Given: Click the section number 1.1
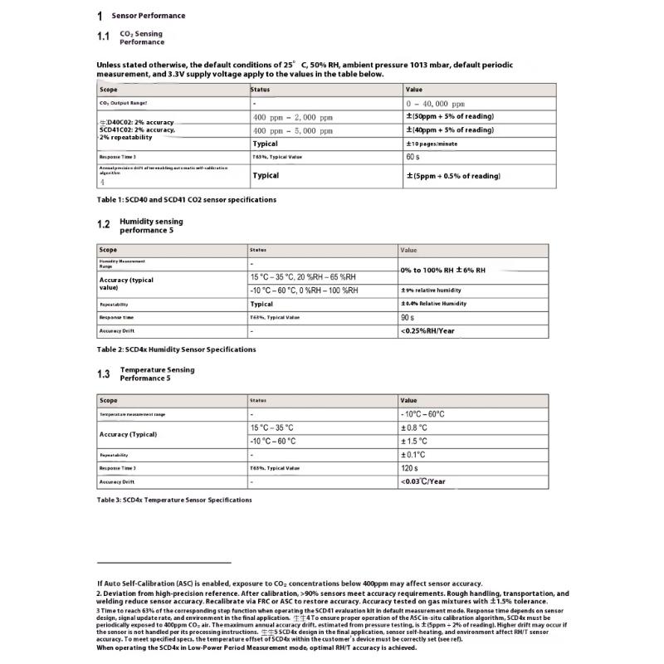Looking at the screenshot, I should pyautogui.click(x=103, y=37).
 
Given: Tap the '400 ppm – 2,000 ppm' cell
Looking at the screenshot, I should pyautogui.click(x=292, y=117).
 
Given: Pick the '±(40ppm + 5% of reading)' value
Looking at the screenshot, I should pyautogui.click(x=449, y=130).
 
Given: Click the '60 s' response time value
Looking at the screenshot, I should pyautogui.click(x=413, y=156).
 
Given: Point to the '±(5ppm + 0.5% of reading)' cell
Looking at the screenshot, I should pyautogui.click(x=452, y=176).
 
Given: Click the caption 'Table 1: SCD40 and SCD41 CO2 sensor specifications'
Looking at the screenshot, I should pyautogui.click(x=187, y=200).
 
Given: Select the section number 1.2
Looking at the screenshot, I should pyautogui.click(x=103, y=225).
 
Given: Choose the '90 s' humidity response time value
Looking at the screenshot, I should pyautogui.click(x=408, y=317).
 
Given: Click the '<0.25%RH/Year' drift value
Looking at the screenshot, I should pyautogui.click(x=427, y=331).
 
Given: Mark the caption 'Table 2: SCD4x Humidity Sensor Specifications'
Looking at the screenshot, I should pyautogui.click(x=176, y=349).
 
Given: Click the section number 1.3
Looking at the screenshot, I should pyautogui.click(x=103, y=374).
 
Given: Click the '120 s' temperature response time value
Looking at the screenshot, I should pyautogui.click(x=410, y=468).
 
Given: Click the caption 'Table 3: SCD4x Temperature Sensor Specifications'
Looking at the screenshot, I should pyautogui.click(x=174, y=500).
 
